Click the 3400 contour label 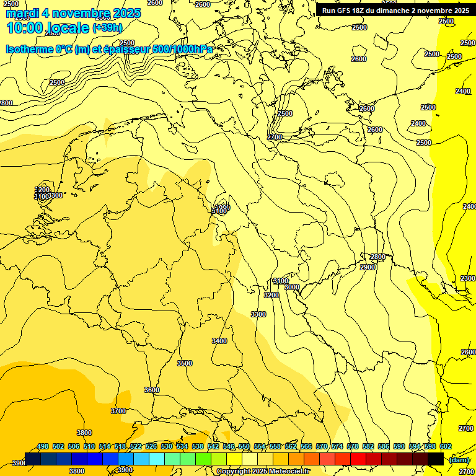click(x=219, y=341)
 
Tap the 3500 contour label click(x=185, y=363)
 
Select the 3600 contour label click(x=152, y=390)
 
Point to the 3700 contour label click(x=118, y=411)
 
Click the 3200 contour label click(x=271, y=295)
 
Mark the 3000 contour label click(x=292, y=287)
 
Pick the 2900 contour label click(x=368, y=267)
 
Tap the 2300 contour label click(x=468, y=278)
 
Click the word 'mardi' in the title click(x=24, y=13)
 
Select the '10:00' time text click(x=25, y=28)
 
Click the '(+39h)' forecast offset click(x=107, y=28)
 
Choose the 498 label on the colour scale click(x=43, y=446)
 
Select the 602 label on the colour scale click(x=446, y=446)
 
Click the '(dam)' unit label click(x=459, y=459)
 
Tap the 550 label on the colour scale click(x=244, y=446)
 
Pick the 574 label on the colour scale click(x=337, y=446)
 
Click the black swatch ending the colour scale click(x=436, y=459)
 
